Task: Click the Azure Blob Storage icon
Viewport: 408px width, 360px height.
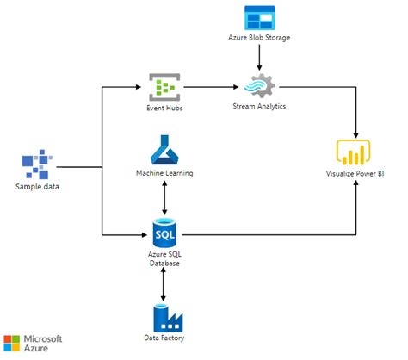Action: coord(260,18)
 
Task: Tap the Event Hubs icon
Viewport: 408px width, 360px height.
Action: coord(164,87)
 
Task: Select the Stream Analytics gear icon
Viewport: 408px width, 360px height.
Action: coord(259,85)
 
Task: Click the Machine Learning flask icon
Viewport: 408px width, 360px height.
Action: coord(164,150)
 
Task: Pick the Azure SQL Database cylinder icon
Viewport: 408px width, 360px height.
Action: coord(164,233)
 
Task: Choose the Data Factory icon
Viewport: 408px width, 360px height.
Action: coord(168,318)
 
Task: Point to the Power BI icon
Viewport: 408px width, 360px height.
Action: coord(353,152)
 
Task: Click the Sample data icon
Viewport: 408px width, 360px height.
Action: coord(37,164)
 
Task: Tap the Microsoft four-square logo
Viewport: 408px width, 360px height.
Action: coord(12,344)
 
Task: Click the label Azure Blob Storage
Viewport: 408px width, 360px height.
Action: coord(259,38)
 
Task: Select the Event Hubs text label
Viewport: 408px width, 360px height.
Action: coord(164,108)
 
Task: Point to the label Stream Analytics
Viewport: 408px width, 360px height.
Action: coord(259,106)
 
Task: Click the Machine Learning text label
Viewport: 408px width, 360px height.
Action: coord(164,173)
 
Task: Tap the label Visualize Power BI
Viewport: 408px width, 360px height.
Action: coord(355,174)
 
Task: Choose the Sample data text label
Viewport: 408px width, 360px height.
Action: coord(37,187)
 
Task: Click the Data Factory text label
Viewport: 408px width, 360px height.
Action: coord(164,338)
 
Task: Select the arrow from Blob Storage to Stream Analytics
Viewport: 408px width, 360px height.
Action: coord(259,58)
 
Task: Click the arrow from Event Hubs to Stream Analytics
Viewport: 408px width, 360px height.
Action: coord(211,87)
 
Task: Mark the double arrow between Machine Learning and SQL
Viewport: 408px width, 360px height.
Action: coord(164,198)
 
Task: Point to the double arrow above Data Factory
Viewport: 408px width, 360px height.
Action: coord(164,284)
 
